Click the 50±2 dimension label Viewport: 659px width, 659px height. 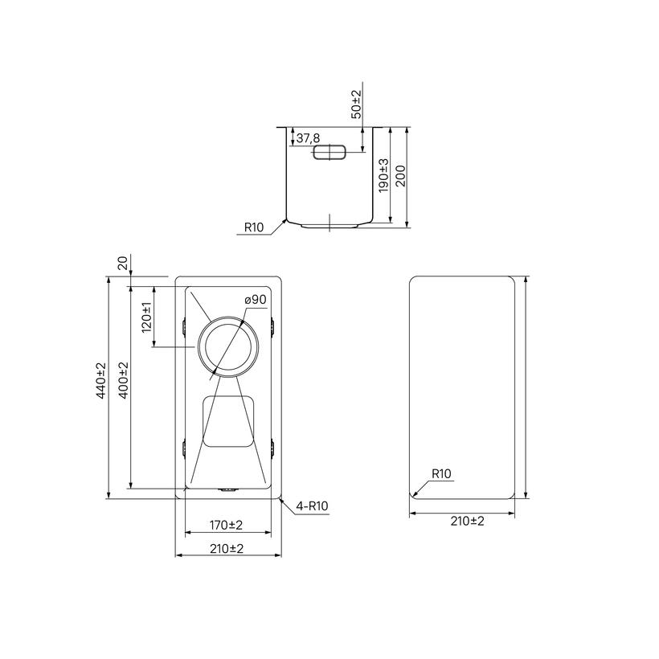click(x=356, y=104)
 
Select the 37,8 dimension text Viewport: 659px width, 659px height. click(x=308, y=138)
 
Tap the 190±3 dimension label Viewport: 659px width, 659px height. click(x=383, y=175)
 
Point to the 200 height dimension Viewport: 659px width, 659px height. click(x=400, y=176)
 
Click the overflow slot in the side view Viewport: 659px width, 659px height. click(x=329, y=152)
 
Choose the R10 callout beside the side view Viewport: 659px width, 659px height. click(x=254, y=227)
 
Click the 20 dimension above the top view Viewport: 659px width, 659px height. click(x=123, y=263)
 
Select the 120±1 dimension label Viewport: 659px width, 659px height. click(x=147, y=317)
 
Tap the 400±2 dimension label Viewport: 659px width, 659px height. click(x=124, y=380)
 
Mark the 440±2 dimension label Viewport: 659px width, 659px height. click(x=101, y=380)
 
